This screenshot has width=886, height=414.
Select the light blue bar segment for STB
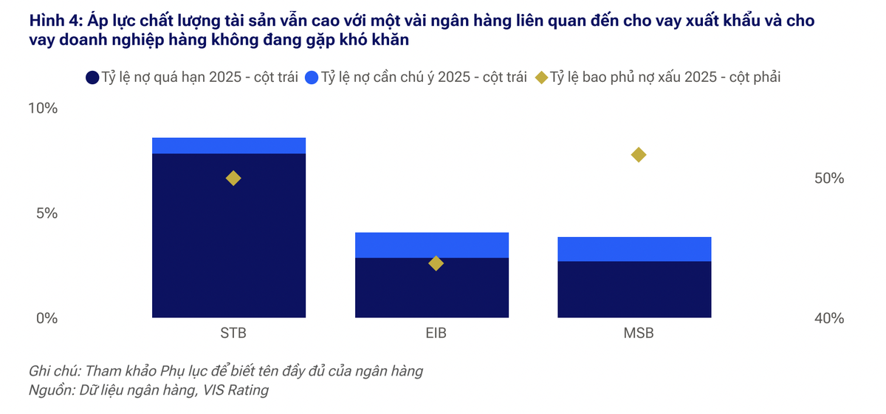coord(229,145)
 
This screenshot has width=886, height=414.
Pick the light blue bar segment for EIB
coord(432,244)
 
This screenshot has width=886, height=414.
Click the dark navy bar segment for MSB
coord(634,289)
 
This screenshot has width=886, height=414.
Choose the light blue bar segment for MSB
coord(634,249)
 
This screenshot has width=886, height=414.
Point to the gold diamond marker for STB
coord(233,178)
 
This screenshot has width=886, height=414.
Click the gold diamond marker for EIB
coord(436,263)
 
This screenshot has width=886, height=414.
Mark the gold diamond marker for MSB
coord(639,154)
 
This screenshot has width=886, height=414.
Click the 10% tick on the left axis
coord(42,108)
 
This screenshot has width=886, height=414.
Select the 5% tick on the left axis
coord(46,213)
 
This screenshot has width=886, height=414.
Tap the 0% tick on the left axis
coord(46,319)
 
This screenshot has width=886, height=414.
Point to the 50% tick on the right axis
coord(828,179)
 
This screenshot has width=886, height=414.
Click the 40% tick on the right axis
coord(828,319)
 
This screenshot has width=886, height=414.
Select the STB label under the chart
coord(233,333)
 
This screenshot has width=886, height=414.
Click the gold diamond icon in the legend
coord(541,77)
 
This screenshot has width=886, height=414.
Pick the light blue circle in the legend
coord(311,77)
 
